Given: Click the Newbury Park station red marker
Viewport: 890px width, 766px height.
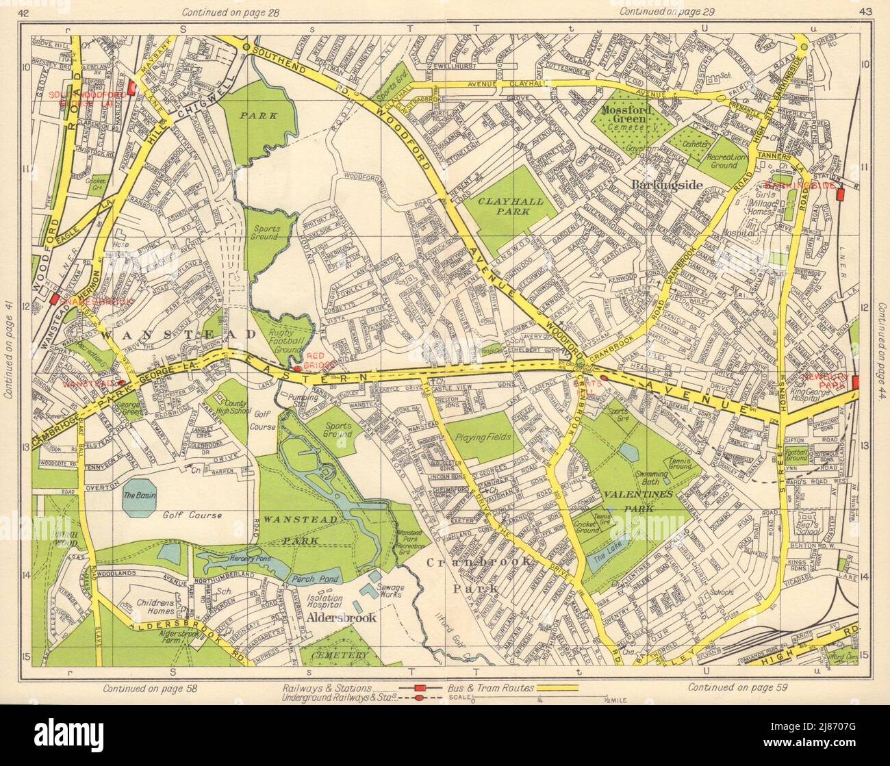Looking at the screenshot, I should coord(856,383).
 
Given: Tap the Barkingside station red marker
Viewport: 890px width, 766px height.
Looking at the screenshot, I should coord(841,195).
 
